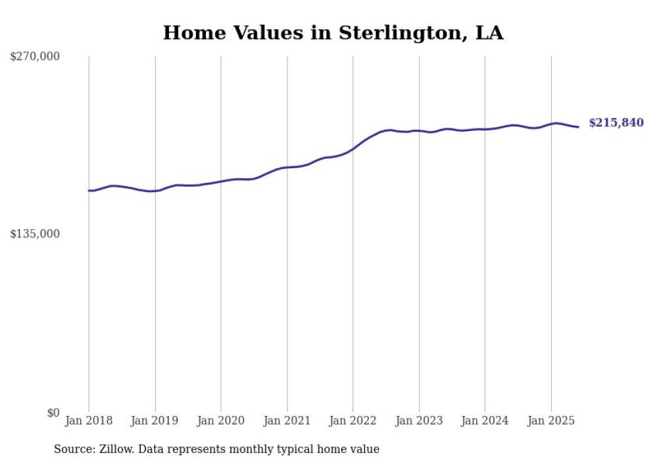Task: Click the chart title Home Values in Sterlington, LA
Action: (x=333, y=32)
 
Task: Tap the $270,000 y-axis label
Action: (x=35, y=57)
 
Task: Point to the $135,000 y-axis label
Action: (x=35, y=234)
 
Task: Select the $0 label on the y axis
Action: (x=53, y=413)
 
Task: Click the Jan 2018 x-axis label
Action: (x=89, y=421)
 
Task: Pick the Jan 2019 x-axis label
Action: (x=155, y=421)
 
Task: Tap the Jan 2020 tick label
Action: (x=221, y=421)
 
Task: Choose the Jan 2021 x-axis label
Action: (x=287, y=421)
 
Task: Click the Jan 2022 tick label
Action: (x=353, y=421)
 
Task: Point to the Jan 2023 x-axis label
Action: (x=419, y=421)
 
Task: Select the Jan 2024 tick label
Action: (x=485, y=421)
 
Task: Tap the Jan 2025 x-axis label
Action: (x=551, y=421)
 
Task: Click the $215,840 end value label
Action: (x=616, y=123)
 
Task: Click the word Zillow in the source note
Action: (x=111, y=450)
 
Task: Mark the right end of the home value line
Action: (x=578, y=127)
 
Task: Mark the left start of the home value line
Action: (x=89, y=191)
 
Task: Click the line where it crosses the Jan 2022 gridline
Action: (x=353, y=149)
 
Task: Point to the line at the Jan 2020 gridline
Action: (x=221, y=181)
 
